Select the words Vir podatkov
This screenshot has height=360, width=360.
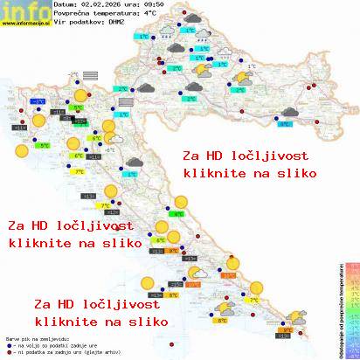79,24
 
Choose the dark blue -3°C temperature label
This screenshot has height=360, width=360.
39,102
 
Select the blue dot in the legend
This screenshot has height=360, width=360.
8,343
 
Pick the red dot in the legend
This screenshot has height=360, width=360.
8,350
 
